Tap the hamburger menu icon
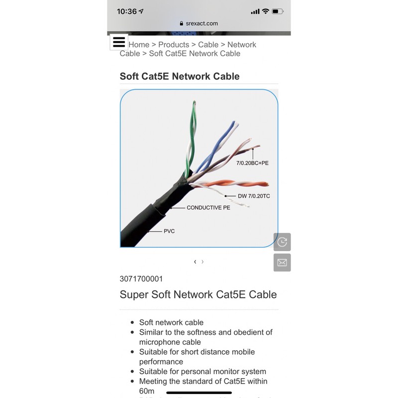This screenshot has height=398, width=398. pos(119,42)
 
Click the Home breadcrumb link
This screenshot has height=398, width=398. pos(139,45)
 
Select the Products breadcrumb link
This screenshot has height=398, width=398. pos(174,45)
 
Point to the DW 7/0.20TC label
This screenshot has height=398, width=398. pos(254,196)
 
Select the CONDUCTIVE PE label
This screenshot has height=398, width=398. pos(208,207)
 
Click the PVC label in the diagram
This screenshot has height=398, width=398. pos(169,231)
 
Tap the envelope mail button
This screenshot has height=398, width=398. pos(282,262)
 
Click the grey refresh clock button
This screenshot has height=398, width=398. pos(282,242)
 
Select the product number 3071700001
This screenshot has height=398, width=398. pos(141,279)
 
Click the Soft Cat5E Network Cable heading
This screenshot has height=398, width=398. pos(180,76)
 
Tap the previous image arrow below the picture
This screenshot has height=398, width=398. pos(195,262)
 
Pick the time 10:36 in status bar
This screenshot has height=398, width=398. pos(127,11)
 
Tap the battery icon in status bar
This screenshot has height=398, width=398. pos(278,11)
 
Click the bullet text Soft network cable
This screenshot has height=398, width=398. pos(171,322)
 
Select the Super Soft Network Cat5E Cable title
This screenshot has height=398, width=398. pos(198,295)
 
